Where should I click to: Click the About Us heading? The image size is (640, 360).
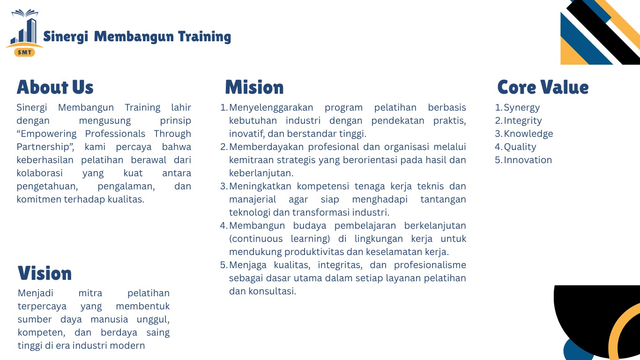coord(55,88)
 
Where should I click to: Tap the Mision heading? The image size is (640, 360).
coord(254,88)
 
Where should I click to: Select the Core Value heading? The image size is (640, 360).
coord(543,88)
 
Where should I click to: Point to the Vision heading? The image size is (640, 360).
coord(45,273)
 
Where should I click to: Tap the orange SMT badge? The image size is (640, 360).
coord(24,52)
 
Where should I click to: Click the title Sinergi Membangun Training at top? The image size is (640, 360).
coord(137,37)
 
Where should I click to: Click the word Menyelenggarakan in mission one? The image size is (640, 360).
coord(271,108)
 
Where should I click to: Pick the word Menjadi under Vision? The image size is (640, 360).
coord(36,293)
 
